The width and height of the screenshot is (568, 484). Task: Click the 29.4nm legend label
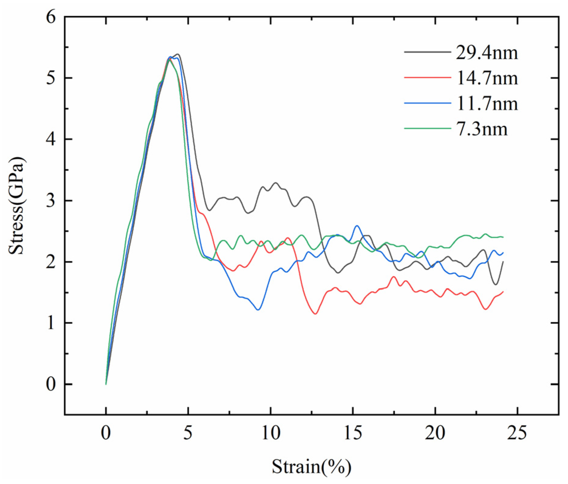pos(487,53)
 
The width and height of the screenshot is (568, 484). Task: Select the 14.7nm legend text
pos(487,78)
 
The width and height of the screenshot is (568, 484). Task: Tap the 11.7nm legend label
pos(487,104)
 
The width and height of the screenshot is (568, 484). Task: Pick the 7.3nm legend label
pos(482,129)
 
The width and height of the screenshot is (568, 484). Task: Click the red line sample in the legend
pos(427,78)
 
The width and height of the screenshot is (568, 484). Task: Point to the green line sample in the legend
pos(427,128)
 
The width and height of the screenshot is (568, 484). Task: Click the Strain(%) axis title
pos(311,466)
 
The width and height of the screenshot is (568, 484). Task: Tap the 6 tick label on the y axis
pos(51,17)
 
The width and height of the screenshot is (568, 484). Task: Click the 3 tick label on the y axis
pos(51,201)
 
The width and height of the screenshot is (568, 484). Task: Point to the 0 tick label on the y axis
pos(51,384)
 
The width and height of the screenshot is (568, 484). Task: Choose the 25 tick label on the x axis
pos(517,433)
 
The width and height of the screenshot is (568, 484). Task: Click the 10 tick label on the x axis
pos(270,433)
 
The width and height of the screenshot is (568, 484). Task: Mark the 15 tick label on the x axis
pos(353,433)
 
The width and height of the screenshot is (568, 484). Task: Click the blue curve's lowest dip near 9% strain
pos(258,310)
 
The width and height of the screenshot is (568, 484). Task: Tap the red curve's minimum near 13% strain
pos(315,314)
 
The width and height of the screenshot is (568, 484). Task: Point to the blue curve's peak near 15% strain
pos(357,226)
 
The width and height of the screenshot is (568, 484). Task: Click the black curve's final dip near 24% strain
pos(495,284)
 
